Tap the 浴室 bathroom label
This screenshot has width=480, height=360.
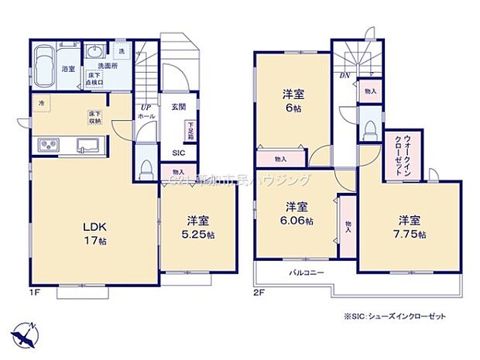pyautogui.click(x=69, y=69)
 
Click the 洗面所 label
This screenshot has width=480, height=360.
pyautogui.click(x=106, y=67)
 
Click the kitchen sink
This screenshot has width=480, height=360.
pyautogui.click(x=86, y=145)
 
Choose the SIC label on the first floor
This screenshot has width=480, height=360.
pyautogui.click(x=178, y=153)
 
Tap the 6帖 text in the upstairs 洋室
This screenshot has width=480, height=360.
pyautogui.click(x=293, y=110)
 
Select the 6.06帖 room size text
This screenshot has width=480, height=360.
pyautogui.click(x=298, y=221)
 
